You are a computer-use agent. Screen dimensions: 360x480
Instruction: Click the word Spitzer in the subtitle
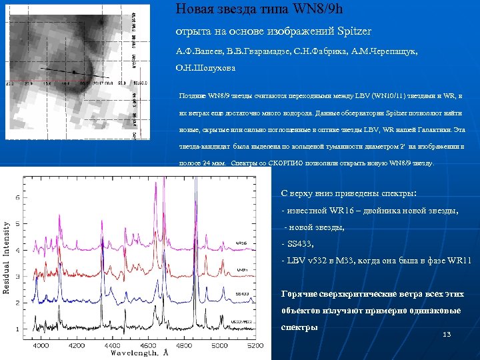[x=352, y=31]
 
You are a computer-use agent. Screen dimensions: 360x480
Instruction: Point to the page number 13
[x=447, y=333]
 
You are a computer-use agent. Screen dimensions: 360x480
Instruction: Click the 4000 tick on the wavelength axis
[x=41, y=346]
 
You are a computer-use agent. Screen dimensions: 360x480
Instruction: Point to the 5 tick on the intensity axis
[x=16, y=197]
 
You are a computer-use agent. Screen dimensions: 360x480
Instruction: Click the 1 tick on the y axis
[x=16, y=329]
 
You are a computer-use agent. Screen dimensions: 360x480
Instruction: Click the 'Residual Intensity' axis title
[x=7, y=258]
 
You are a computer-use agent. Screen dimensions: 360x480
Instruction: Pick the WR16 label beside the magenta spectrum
[x=241, y=242]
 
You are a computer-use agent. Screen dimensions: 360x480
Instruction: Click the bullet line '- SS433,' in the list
[x=298, y=243]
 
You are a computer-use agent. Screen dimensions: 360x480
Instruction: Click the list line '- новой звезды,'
[x=314, y=227]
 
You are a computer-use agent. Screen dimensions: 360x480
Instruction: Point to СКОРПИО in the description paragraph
[x=282, y=163]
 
